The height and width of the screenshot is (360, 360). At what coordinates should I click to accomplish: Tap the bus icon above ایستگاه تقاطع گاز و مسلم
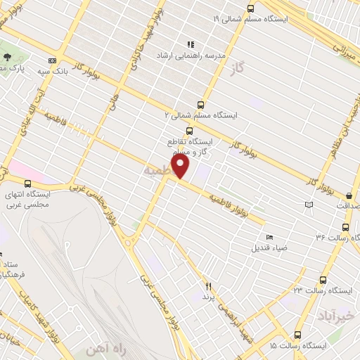[188, 131]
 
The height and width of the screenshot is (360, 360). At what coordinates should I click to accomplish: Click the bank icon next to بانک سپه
[51, 60]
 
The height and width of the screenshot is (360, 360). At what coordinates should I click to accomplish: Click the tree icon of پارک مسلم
[7, 57]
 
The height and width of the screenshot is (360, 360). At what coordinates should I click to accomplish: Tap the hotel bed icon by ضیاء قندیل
[271, 237]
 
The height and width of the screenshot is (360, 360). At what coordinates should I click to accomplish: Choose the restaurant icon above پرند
[208, 285]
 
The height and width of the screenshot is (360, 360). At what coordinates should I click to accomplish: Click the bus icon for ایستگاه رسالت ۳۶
[345, 227]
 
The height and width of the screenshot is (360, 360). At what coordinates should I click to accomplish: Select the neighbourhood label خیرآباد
[336, 311]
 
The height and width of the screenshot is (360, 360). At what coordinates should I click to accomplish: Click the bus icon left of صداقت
[349, 196]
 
